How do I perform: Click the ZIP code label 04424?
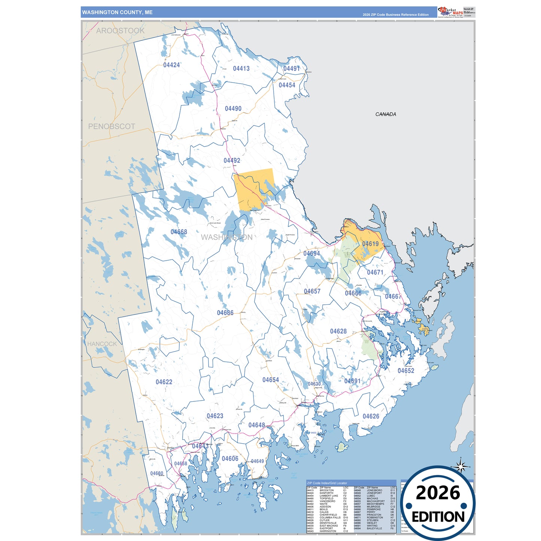(171, 65)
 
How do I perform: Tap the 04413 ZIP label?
(241, 69)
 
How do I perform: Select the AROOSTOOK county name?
(120, 31)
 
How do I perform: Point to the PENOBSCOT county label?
(112, 127)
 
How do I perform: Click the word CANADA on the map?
(386, 114)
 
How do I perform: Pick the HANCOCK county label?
(102, 344)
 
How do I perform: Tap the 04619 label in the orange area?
(370, 244)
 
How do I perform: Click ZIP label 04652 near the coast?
(406, 371)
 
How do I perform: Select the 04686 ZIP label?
(225, 313)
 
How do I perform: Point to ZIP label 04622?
(164, 382)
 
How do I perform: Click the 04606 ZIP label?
(230, 459)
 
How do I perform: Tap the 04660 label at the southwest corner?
(156, 473)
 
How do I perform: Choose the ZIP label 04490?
(233, 109)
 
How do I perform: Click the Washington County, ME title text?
(117, 12)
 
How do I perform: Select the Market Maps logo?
(450, 12)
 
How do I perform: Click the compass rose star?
(461, 466)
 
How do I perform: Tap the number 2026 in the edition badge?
(438, 493)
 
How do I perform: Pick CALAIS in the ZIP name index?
(324, 512)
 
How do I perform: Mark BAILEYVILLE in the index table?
(374, 528)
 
